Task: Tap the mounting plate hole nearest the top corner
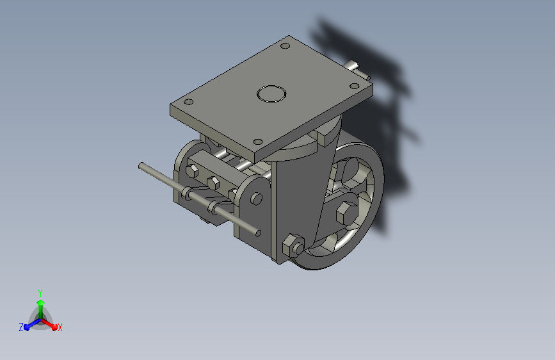286,45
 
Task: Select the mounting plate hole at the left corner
189,102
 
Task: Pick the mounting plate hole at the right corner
354,86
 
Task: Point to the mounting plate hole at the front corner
258,142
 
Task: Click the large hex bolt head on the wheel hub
346,213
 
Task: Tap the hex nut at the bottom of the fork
293,245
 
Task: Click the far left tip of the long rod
141,165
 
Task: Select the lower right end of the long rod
259,233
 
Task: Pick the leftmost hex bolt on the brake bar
192,171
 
